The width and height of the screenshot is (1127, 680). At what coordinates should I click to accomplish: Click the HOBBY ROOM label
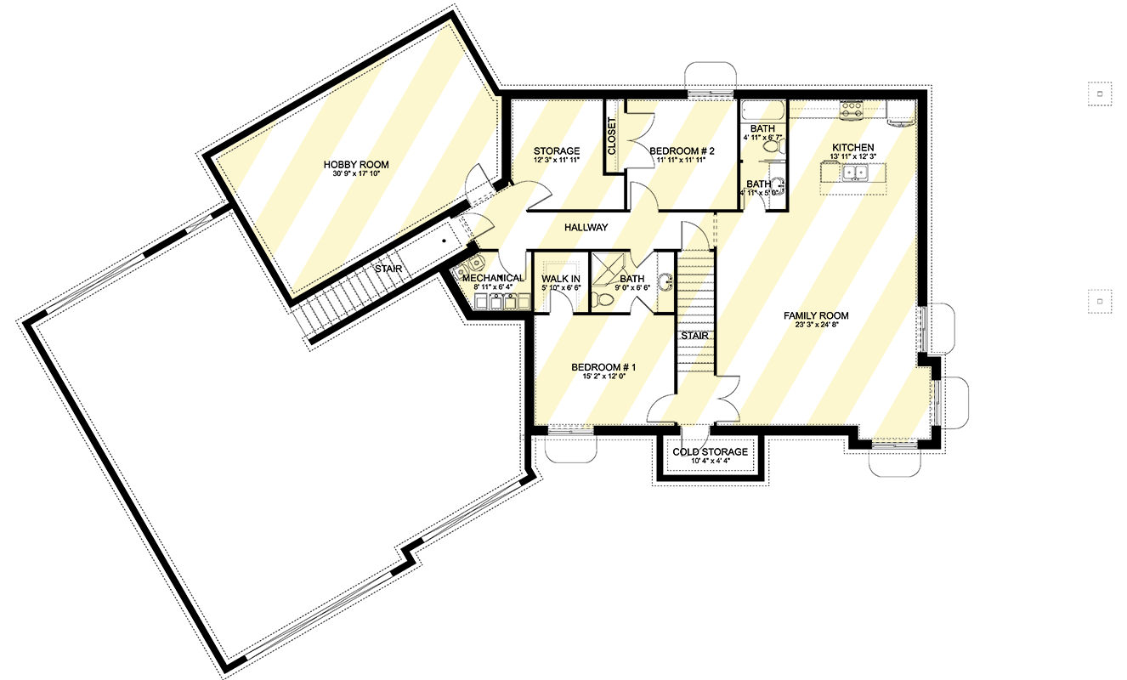pos(356,165)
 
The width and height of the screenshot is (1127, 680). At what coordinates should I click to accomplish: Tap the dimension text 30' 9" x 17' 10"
pos(356,174)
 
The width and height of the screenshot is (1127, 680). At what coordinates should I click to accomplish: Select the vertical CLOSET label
pos(612,136)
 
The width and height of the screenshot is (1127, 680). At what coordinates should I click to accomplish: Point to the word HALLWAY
pos(586,228)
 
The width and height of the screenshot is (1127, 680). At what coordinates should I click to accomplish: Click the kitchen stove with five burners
pos(852,110)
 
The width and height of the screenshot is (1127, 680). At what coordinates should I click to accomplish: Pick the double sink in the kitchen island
pos(855,173)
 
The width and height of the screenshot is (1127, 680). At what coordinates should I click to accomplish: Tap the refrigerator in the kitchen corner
pos(901,111)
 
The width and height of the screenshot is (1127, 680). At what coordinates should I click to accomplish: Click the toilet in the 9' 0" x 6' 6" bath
pos(603,299)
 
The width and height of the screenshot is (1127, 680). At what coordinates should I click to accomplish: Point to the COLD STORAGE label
pos(710,452)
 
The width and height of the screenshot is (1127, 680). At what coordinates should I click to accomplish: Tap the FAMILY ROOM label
pos(816,315)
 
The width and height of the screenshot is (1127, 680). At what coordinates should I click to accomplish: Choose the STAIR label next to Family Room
pos(695,336)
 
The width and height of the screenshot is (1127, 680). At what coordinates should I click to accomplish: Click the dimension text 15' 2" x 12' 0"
pos(603,376)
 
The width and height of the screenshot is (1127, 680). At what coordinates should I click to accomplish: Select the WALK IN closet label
pos(560,279)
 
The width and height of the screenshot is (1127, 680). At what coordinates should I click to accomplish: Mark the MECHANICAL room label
pos(493,278)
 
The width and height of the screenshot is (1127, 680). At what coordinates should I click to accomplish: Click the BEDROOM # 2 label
pos(682,151)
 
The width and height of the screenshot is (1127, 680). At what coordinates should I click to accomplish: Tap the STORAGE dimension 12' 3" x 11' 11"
pos(557,160)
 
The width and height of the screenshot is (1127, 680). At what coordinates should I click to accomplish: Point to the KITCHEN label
pos(852,148)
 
